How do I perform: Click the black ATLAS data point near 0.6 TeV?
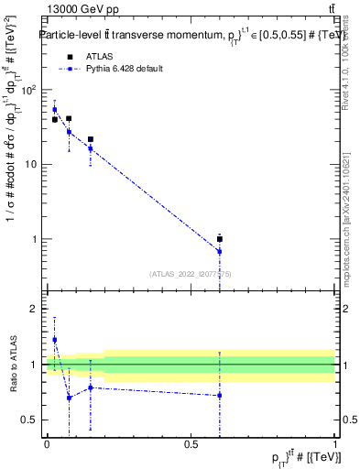[220, 239]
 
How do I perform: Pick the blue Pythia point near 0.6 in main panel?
[220, 251]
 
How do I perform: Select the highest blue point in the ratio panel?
[54, 340]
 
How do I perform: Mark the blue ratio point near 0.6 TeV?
[220, 396]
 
